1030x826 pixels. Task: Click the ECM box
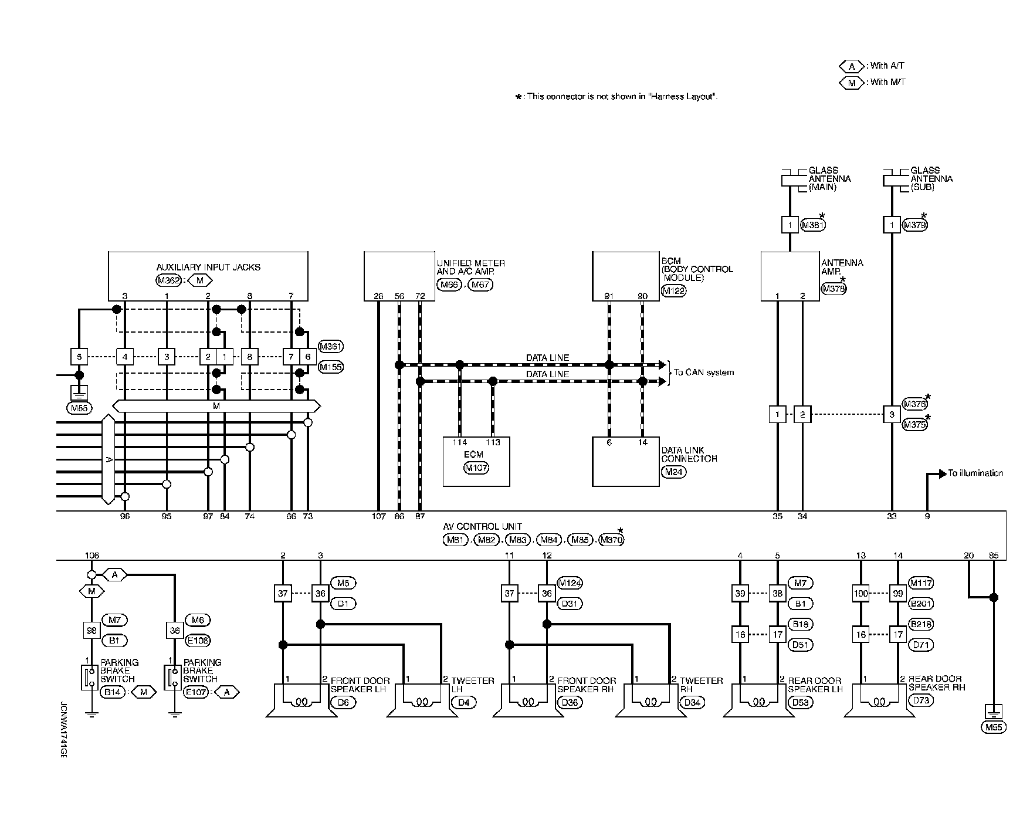click(476, 461)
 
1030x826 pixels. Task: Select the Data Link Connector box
click(625, 461)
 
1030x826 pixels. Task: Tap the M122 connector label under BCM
click(673, 290)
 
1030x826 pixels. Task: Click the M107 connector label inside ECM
click(476, 468)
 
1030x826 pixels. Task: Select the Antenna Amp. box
click(790, 276)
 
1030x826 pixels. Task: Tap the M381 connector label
click(813, 225)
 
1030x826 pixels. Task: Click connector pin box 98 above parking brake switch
click(91, 630)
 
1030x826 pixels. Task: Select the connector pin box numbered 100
click(860, 594)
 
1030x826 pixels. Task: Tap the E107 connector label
click(198, 692)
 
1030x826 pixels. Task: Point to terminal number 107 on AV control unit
click(378, 517)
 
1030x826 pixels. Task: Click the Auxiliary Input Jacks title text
click(208, 267)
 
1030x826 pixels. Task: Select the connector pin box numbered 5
click(79, 357)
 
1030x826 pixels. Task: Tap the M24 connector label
click(673, 472)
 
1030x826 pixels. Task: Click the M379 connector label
click(915, 225)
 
